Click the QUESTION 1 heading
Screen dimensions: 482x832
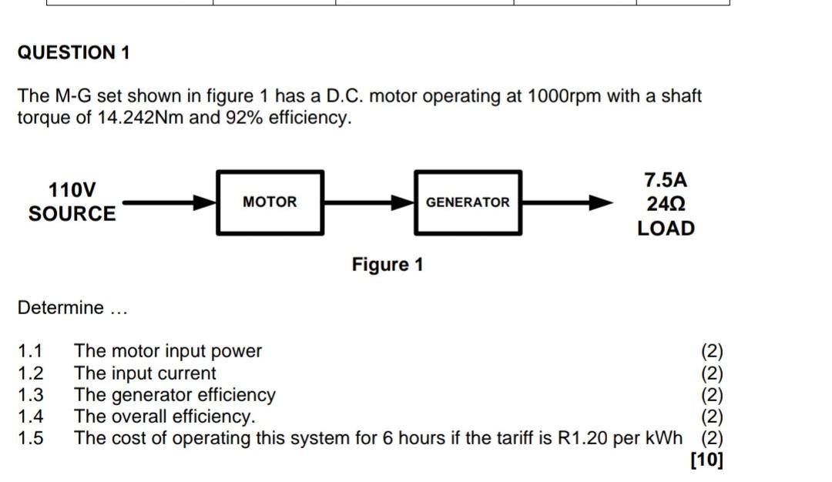point(74,53)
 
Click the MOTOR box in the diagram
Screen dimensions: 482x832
point(270,203)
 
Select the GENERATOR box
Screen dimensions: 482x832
point(468,203)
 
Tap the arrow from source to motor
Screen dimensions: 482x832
point(169,203)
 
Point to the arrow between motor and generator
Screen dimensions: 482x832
point(368,203)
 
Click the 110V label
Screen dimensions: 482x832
point(72,189)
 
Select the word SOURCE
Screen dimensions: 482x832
point(72,214)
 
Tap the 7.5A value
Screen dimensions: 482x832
point(666,180)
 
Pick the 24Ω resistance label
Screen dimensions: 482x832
point(666,205)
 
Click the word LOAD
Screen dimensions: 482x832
point(666,229)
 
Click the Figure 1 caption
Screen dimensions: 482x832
point(387,265)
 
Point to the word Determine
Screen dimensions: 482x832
point(60,308)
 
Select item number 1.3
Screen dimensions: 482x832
point(31,395)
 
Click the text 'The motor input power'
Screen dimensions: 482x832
point(168,351)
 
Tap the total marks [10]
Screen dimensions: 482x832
point(706,460)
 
